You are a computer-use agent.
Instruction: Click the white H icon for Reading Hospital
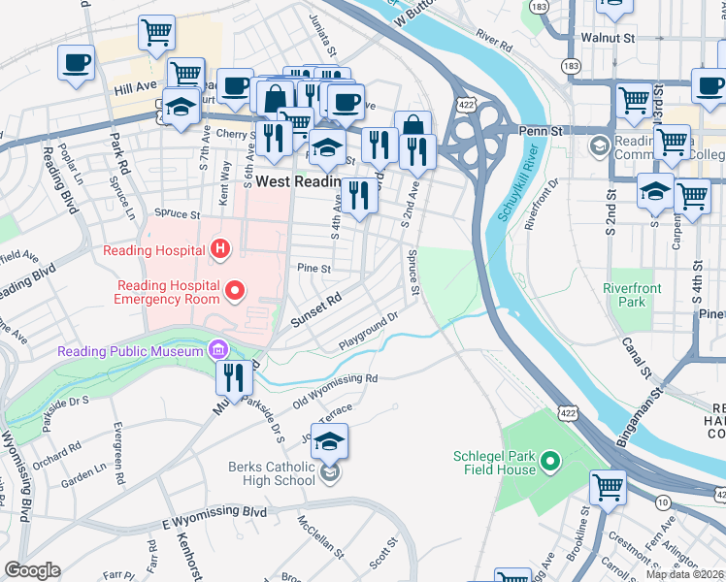point(221,251)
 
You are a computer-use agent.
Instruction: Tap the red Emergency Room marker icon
point(234,290)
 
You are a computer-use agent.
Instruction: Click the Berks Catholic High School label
point(272,473)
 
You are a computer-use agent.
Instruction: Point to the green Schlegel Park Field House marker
point(549,462)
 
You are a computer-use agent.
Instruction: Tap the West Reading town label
point(296,181)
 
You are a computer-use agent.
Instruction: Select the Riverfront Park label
point(631,295)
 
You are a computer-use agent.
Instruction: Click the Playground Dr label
point(370,331)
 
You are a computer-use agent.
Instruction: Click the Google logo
point(32,570)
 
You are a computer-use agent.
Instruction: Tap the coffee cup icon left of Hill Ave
point(76,64)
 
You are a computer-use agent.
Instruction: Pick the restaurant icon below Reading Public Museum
point(234,376)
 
